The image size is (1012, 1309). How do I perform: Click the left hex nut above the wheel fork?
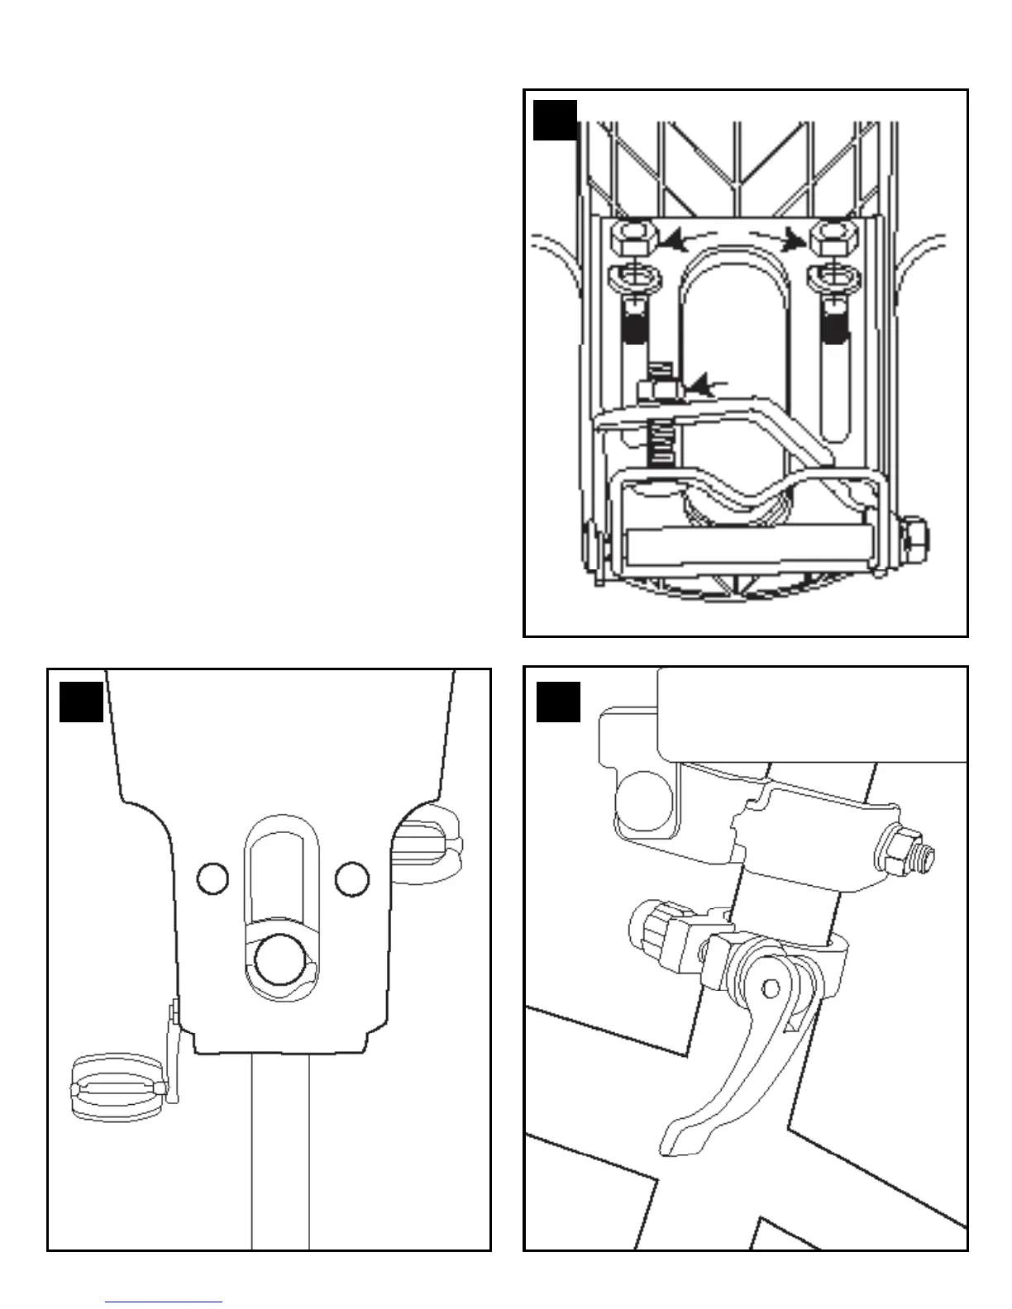(632, 240)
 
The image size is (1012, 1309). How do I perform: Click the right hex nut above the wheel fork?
(832, 240)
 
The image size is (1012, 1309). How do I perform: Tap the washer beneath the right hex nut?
(831, 279)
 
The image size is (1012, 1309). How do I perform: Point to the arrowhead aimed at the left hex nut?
(674, 241)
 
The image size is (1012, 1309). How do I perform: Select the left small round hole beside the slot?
(212, 877)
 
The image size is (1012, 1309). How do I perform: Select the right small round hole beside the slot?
(352, 877)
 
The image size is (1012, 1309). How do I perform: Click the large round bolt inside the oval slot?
(280, 959)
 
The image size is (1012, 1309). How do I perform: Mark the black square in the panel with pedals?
(81, 702)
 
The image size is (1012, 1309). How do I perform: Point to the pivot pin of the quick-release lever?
(771, 988)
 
